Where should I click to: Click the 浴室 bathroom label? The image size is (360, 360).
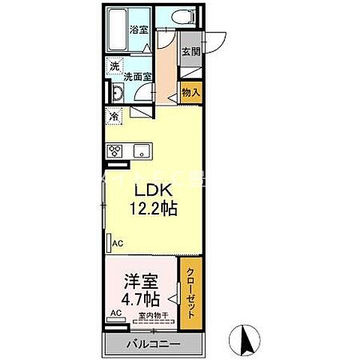click(138, 30)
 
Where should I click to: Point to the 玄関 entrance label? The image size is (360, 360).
click(190, 52)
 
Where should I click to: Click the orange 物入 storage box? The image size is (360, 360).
click(190, 92)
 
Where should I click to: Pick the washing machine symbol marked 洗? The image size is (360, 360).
click(114, 66)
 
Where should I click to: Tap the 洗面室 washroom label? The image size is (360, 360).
click(138, 76)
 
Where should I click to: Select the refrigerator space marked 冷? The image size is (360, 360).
click(114, 116)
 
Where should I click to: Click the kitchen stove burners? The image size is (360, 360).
click(115, 150)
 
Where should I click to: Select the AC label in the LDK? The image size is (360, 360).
click(117, 242)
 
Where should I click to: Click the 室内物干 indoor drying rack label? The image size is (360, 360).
click(152, 316)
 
